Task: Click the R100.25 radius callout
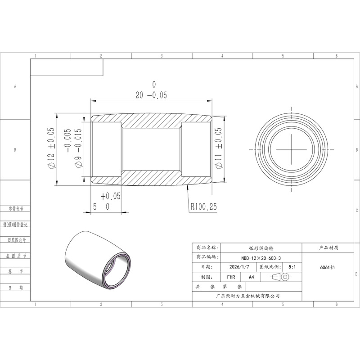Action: point(204,207)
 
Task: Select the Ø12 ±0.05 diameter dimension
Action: point(51,148)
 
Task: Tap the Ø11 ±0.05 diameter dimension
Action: point(219,148)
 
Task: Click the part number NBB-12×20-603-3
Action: point(261,258)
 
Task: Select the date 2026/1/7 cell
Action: point(239,267)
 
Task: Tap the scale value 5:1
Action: point(292,267)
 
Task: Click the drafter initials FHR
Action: point(231,277)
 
